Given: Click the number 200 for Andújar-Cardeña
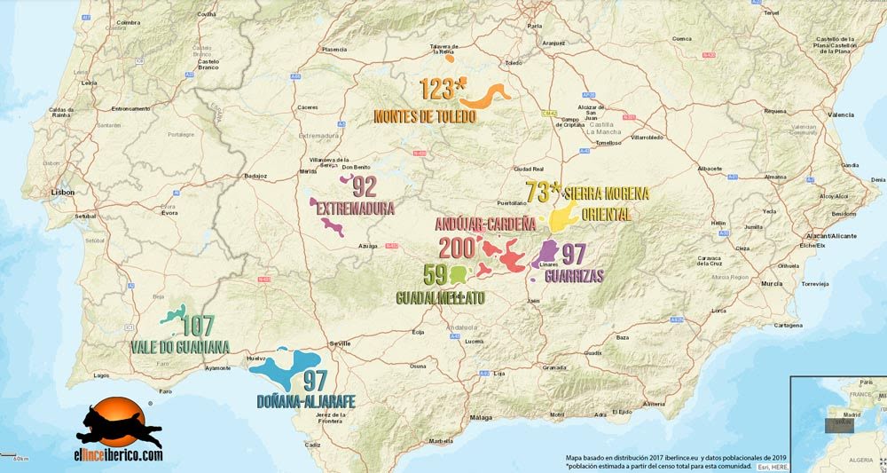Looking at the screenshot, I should coord(458,248).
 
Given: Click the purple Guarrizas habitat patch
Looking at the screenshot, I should coord(546,254).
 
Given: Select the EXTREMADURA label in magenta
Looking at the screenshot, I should coord(356,209).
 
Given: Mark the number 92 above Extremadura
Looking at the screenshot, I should coord(365,187).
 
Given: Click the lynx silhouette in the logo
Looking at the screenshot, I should coord(119,427).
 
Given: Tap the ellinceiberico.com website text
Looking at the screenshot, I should coord(118,455).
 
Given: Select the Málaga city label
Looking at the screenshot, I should coord(481,417).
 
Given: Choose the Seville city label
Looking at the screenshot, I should coord(341,343).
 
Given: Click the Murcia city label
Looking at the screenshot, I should coord(772,283).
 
